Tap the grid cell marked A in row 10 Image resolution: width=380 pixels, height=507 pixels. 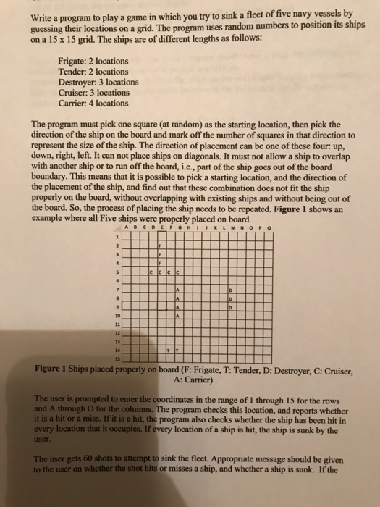pos(177,315)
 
